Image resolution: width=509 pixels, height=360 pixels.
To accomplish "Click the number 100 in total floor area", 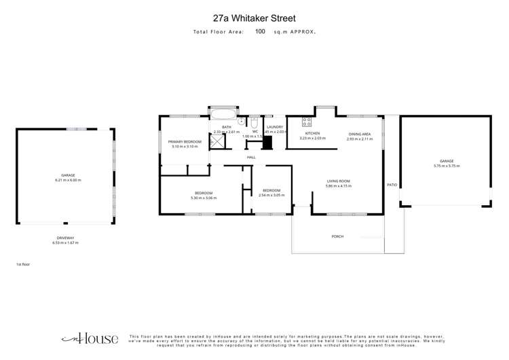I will (x=261, y=31).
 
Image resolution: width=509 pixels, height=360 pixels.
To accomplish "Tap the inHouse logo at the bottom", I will (x=90, y=339).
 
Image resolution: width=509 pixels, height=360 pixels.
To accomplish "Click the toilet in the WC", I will (x=254, y=124).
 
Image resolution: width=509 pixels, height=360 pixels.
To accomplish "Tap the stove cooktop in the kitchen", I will (x=306, y=122).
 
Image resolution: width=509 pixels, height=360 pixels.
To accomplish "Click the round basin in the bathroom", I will (x=240, y=123).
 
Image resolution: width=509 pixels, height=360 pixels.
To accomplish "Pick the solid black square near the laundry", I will (x=267, y=143).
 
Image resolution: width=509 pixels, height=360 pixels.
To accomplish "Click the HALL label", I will (x=251, y=157).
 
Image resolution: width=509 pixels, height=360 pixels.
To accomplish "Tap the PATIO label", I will (x=392, y=184).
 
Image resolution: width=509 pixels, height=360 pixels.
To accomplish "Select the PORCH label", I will (x=338, y=236).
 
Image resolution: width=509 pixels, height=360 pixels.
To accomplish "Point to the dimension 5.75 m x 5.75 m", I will (x=446, y=166).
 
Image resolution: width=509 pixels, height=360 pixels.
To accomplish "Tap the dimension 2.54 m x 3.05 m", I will (x=271, y=195).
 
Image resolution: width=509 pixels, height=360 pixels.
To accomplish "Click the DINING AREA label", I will (x=360, y=134).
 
